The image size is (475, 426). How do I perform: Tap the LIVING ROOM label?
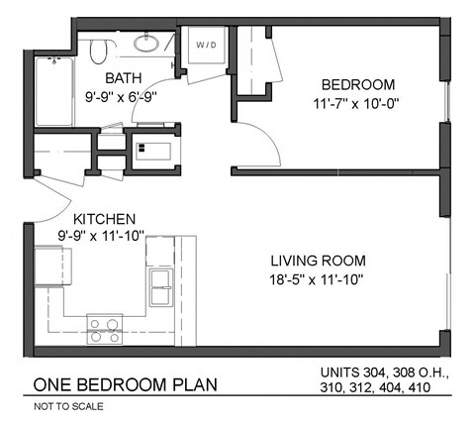tap(318, 262)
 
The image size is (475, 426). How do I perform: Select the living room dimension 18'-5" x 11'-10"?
tap(318, 280)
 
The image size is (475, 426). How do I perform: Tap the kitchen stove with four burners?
tap(104, 328)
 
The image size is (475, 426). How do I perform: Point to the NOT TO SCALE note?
tap(68, 406)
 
